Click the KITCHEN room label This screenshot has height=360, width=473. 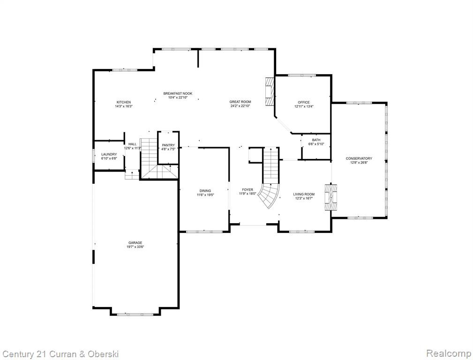coord(124,102)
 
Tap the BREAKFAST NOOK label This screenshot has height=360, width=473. coord(178,94)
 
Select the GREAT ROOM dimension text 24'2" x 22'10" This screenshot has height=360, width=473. coord(240,106)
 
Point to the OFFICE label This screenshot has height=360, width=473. coord(304,102)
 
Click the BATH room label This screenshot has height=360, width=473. coord(316,140)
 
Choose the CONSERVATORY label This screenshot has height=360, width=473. coord(359,158)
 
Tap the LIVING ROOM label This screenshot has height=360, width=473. coord(304,195)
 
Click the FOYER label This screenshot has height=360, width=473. coord(248,190)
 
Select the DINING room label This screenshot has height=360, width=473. coord(205,191)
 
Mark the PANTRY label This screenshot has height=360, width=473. coord(168,145)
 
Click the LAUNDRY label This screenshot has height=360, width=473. coord(109,154)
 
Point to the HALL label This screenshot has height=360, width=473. coord(132,144)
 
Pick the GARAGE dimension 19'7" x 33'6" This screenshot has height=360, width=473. coord(135,247)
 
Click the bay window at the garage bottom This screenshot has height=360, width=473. coord(135,315)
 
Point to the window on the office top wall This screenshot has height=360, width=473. coord(301,75)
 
